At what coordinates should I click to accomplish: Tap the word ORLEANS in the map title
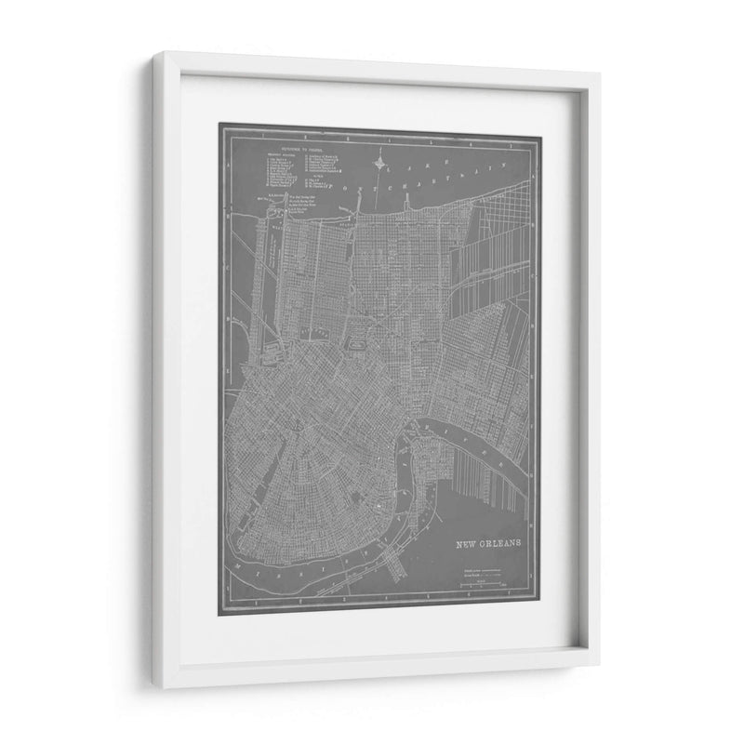click(500, 544)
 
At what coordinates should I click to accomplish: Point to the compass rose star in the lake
click(379, 167)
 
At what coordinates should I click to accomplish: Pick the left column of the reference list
click(280, 171)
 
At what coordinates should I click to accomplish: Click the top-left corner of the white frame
click(155, 54)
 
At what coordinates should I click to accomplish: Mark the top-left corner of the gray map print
click(219, 125)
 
